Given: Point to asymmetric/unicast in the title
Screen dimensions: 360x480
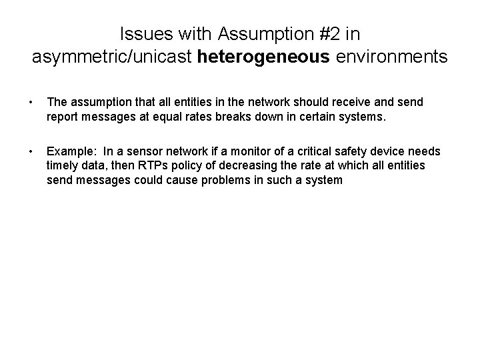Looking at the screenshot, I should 113,57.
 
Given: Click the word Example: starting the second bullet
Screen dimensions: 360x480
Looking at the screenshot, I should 70,152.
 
